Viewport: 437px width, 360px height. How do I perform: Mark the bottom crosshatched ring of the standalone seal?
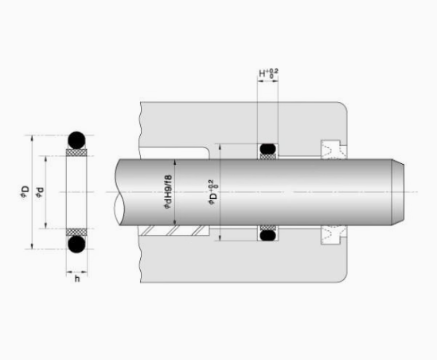[x=76, y=233]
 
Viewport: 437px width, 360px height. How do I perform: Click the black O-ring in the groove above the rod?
[x=267, y=147]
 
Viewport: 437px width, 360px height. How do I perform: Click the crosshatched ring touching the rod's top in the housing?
[x=267, y=155]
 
